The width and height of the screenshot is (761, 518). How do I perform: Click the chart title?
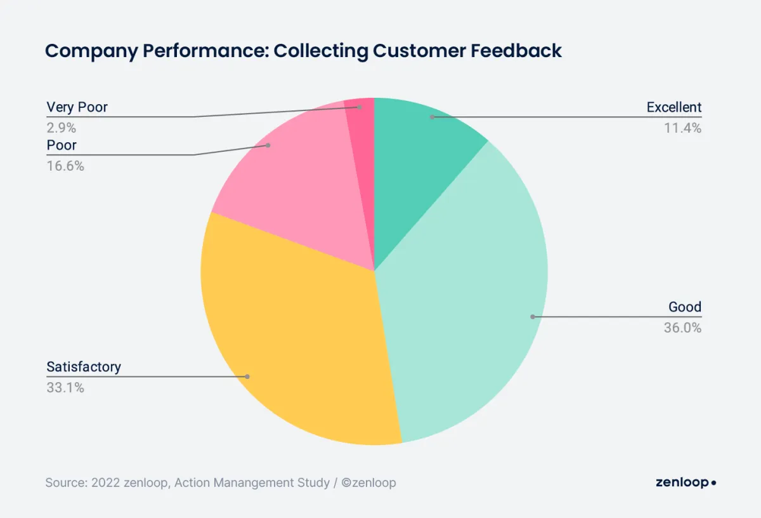coord(303,51)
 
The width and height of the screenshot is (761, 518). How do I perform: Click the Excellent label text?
coord(673,107)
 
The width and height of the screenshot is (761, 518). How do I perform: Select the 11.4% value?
coord(683,128)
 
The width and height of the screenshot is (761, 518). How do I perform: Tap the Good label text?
coord(685,308)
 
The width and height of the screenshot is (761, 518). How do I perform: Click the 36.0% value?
coord(682,328)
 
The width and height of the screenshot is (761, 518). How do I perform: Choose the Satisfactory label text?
coord(84,367)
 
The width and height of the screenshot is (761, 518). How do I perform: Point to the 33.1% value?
coord(65,387)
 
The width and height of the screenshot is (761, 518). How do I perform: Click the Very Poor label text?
coord(77,107)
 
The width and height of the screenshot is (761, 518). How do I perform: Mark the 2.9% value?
coord(62,128)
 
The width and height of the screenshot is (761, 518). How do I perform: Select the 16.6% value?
coord(65,166)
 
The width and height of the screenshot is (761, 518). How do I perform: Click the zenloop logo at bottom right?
coord(686,482)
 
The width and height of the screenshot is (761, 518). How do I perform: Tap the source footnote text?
coord(221,482)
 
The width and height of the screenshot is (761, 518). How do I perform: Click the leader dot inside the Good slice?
coord(533,316)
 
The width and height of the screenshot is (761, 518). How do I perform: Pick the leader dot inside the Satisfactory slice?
coord(247,376)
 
